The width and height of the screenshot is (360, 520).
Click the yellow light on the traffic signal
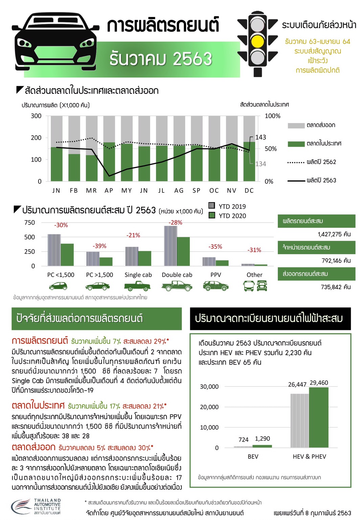pyautogui.click(x=258, y=41)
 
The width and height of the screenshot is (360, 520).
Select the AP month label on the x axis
pyautogui.click(x=109, y=191)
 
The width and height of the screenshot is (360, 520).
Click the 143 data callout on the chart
pyautogui.click(x=261, y=137)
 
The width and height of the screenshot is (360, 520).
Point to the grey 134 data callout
pyautogui.click(x=261, y=164)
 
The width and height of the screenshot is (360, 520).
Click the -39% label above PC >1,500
pyautogui.click(x=99, y=246)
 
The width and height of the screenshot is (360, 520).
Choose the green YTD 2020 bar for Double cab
pyautogui.click(x=183, y=251)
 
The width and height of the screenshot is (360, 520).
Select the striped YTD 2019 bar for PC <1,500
pyautogui.click(x=54, y=250)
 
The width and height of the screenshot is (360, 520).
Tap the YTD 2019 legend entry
pyautogui.click(x=227, y=206)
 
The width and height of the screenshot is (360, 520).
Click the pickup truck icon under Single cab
pyautogui.click(x=137, y=286)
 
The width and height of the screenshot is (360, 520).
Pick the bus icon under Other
pyautogui.click(x=249, y=286)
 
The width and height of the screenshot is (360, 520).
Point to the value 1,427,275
pyautogui.click(x=334, y=234)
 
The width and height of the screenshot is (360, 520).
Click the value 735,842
pyautogui.click(x=335, y=287)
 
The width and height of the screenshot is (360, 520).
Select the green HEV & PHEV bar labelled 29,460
pyautogui.click(x=318, y=417)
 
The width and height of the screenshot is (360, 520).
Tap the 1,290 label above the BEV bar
pyautogui.click(x=262, y=439)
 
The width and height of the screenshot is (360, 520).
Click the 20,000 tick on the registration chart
pyautogui.click(x=209, y=407)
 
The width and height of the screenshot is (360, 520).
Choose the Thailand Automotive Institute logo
pyautogui.click(x=36, y=506)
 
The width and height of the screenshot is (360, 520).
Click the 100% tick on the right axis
pyautogui.click(x=272, y=116)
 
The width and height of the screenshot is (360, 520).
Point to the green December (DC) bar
pyautogui.click(x=249, y=161)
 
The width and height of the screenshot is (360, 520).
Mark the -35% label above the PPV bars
pyautogui.click(x=215, y=247)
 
